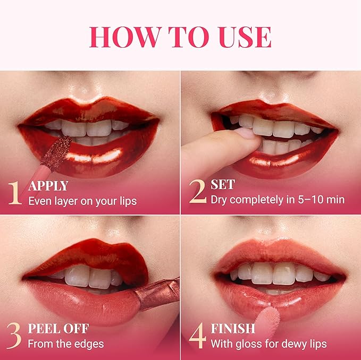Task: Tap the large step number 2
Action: pyautogui.click(x=197, y=193)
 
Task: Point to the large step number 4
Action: pyautogui.click(x=197, y=336)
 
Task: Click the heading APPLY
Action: pyautogui.click(x=48, y=186)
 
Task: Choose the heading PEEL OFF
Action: pyautogui.click(x=58, y=328)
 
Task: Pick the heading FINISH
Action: pyautogui.click(x=233, y=328)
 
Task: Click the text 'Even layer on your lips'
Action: pyautogui.click(x=82, y=201)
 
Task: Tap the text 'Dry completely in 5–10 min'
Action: pyautogui.click(x=278, y=200)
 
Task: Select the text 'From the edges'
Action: pyautogui.click(x=65, y=344)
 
